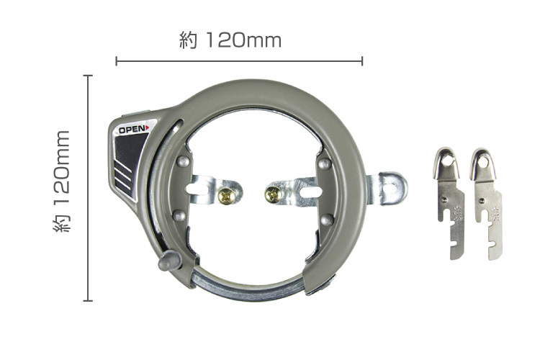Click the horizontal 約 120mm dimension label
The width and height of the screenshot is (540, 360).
(x=230, y=40)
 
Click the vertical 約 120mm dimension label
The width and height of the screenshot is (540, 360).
(x=62, y=181)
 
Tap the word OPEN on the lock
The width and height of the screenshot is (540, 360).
(x=132, y=130)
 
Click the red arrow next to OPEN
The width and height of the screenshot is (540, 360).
(x=147, y=128)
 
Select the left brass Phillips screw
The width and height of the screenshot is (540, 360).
(x=227, y=197)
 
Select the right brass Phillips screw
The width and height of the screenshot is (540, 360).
(x=273, y=194)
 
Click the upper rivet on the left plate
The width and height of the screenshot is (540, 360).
(x=183, y=161)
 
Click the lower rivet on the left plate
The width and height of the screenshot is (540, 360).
(x=179, y=216)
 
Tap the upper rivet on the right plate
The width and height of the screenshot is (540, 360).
(x=325, y=163)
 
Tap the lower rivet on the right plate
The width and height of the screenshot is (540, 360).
(x=327, y=220)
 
